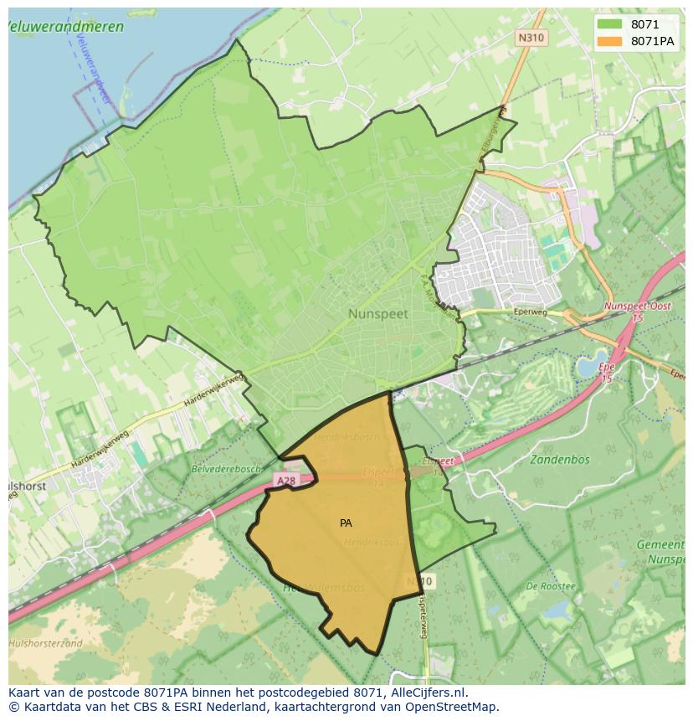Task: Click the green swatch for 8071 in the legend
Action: click(610, 24)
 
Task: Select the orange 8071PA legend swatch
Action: click(610, 41)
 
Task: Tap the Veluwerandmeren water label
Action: click(65, 27)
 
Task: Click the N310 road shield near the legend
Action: click(530, 38)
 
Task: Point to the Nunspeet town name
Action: click(377, 313)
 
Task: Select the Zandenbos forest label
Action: click(560, 459)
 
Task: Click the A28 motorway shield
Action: click(285, 481)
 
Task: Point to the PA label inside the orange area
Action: click(346, 523)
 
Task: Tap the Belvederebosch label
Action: click(226, 470)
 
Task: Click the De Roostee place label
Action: click(551, 586)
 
